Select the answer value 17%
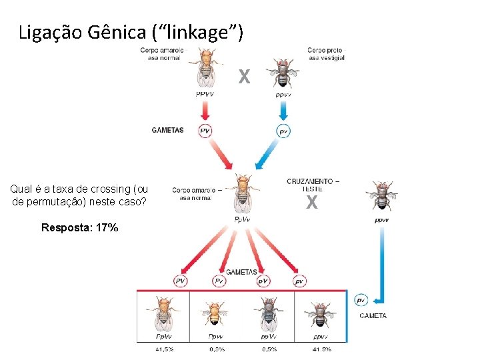coord(107,227)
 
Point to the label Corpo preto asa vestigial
coord(326,53)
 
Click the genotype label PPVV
coord(205,94)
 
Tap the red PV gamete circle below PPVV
coord(205,131)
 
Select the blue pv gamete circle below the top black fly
coord(283,131)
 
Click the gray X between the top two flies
coord(245,77)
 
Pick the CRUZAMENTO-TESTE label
coord(313,185)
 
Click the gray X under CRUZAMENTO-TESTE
coord(311,203)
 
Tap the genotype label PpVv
coord(243,219)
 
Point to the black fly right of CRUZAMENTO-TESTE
coord(381,196)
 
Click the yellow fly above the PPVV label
coord(206,67)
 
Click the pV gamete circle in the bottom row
coord(263,281)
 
